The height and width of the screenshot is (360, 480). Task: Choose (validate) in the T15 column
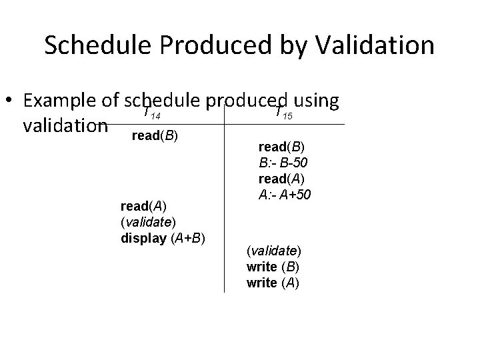click(273, 252)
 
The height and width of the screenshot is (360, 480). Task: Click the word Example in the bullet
click(61, 101)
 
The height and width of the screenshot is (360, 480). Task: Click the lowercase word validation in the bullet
click(65, 125)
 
